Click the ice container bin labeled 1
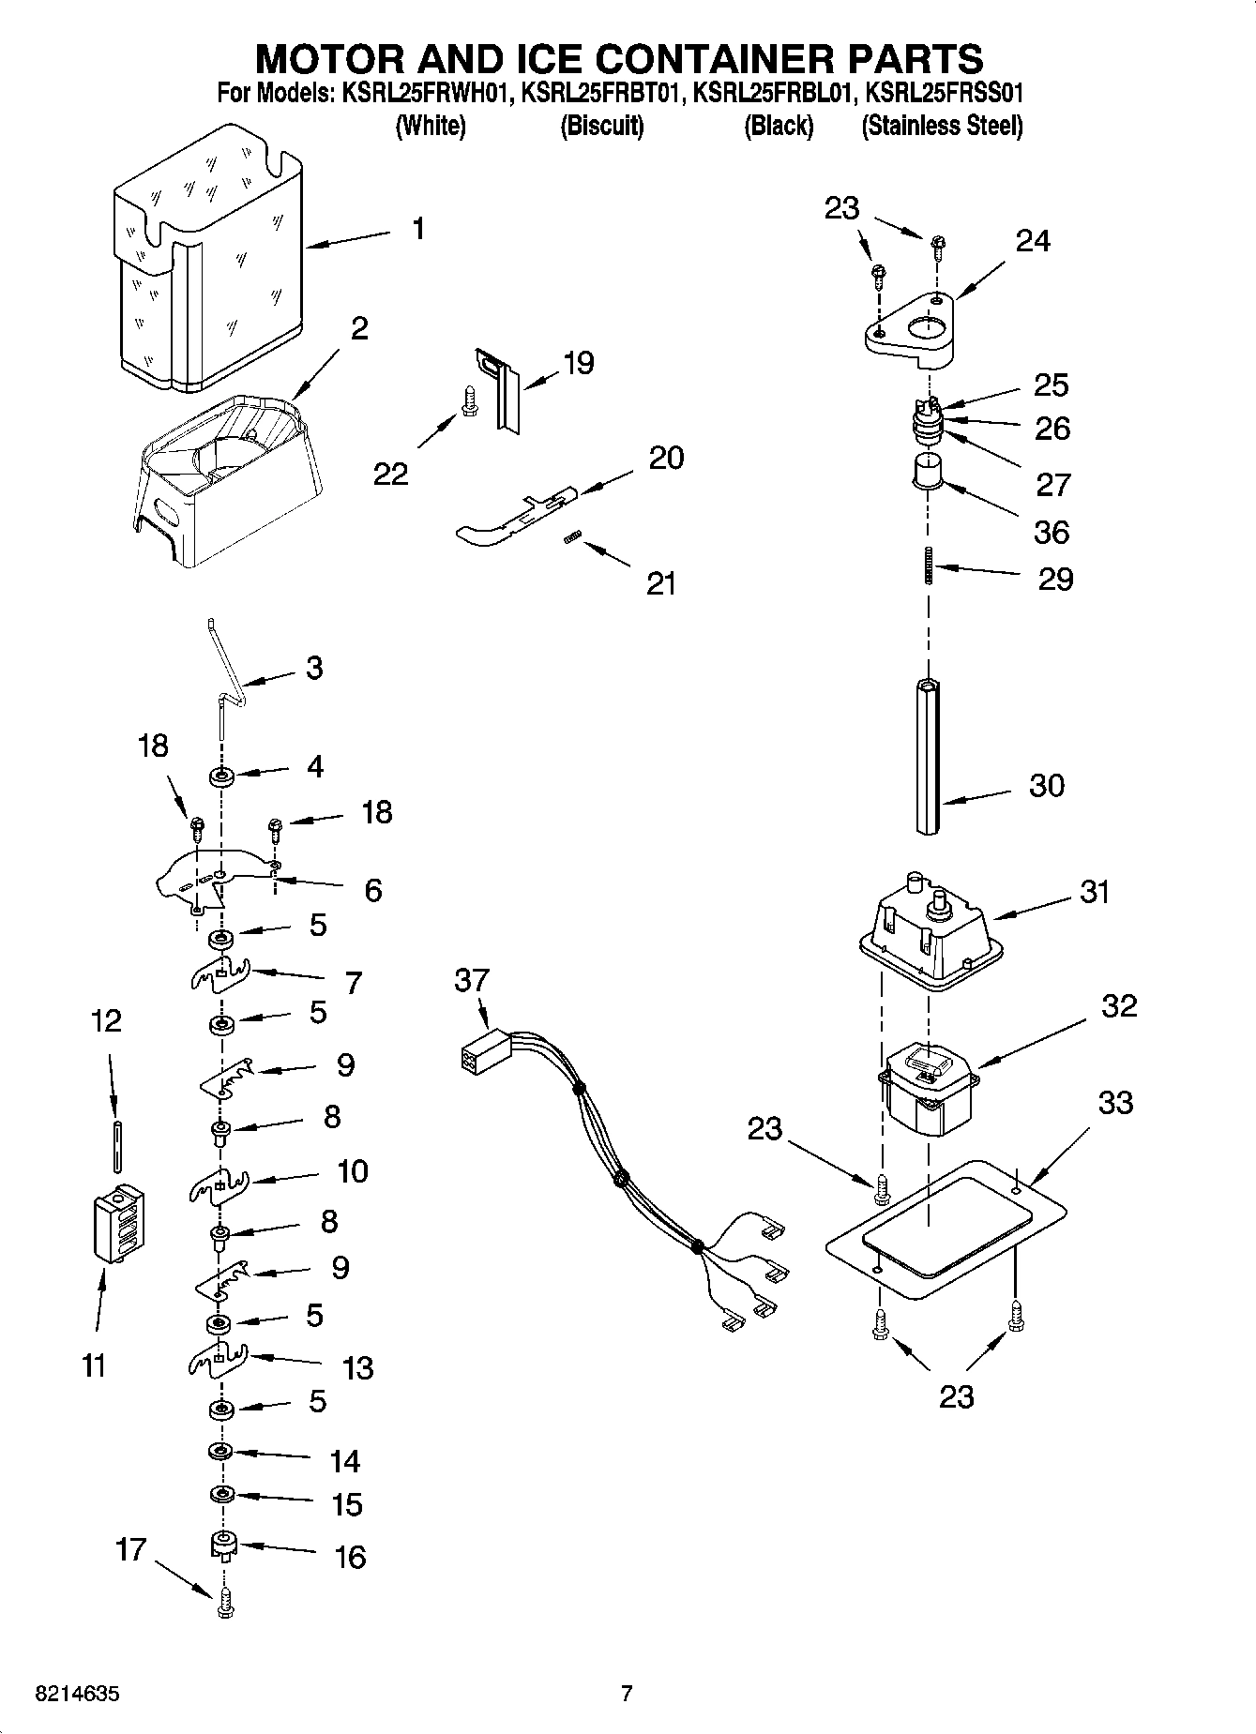(x=206, y=263)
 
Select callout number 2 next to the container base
(x=358, y=329)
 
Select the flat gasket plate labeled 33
(x=947, y=1229)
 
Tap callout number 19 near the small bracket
(x=579, y=364)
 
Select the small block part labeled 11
(x=118, y=1224)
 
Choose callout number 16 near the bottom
(x=350, y=1558)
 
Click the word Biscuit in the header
(x=601, y=126)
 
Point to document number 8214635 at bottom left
(x=78, y=1695)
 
